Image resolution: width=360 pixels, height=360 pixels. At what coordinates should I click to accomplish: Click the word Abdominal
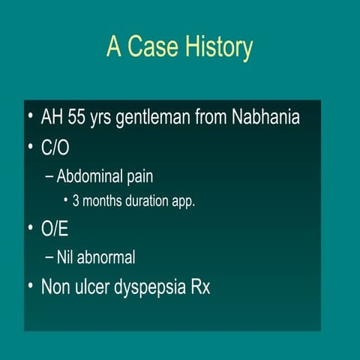94,177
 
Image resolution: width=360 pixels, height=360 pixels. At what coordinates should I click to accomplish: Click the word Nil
66,257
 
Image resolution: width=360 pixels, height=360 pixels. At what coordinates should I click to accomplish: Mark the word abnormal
107,257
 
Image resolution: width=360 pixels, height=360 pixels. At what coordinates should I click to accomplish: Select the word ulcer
91,286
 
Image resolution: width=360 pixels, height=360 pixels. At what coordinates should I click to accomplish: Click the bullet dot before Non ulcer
29,286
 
